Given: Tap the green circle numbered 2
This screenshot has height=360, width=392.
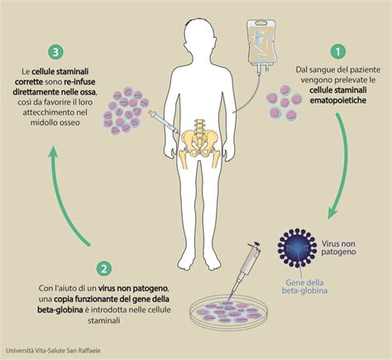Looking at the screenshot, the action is click(104, 268).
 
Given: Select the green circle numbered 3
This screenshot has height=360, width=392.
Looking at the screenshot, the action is click(55, 52).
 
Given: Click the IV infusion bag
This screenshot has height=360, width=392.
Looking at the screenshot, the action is click(261, 44).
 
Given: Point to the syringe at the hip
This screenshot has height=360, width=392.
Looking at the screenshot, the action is click(164, 122).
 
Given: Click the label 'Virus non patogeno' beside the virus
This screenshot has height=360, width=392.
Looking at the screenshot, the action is click(338, 247).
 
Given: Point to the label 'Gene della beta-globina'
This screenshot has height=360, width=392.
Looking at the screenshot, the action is click(304, 286).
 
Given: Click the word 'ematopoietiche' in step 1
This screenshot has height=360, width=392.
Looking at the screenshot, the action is click(338, 101).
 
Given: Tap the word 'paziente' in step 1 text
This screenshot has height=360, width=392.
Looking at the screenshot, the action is click(365, 70).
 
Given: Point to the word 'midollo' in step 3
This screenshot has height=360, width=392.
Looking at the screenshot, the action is click(43, 122).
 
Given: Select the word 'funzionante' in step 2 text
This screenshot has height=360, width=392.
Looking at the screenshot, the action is click(99, 299).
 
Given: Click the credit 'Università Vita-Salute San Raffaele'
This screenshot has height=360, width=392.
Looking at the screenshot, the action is click(53, 351).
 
